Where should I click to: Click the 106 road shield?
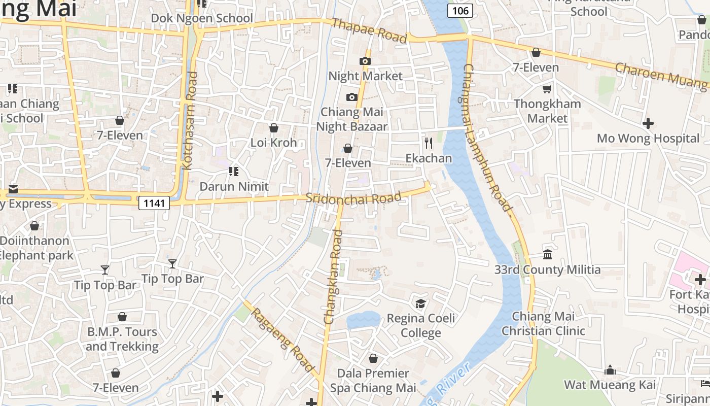[460, 10]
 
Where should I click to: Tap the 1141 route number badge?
[154, 203]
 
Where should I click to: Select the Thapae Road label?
[369, 30]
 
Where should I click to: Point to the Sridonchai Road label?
[353, 197]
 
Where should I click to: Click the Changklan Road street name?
[333, 277]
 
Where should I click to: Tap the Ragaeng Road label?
[282, 340]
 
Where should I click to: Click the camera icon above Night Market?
[365, 61]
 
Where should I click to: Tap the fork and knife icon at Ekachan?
[429, 143]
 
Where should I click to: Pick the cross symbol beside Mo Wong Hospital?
[648, 123]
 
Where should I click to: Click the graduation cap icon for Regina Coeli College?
[420, 303]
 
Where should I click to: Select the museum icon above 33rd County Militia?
[547, 254]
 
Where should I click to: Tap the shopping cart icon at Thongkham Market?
[547, 89]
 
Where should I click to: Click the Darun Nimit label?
[234, 186]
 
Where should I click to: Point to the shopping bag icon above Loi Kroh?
[274, 128]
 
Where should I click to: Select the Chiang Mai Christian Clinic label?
[543, 323]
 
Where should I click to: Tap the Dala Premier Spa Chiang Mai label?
[373, 381]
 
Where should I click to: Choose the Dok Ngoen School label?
[202, 18]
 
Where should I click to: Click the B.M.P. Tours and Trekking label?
[122, 339]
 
